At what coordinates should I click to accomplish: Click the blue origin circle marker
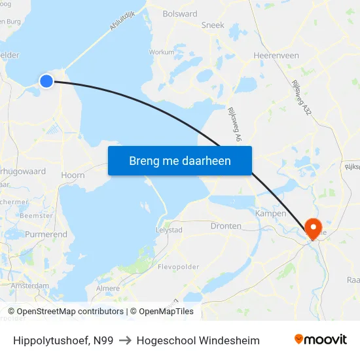point(46,81)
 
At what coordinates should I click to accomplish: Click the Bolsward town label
point(179,13)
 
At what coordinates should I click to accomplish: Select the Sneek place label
point(213,25)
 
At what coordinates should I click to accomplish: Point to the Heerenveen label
point(276,56)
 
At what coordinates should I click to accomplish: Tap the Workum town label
point(162,52)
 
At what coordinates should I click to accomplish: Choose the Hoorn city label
point(73,175)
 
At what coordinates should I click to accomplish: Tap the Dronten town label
point(226,226)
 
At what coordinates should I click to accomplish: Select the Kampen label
point(270,213)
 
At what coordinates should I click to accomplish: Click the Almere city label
point(108,288)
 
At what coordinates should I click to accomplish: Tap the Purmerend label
point(46,234)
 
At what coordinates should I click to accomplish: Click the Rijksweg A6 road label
point(234,124)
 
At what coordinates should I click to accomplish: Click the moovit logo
point(321,339)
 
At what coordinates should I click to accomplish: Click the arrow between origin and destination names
point(125,340)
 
